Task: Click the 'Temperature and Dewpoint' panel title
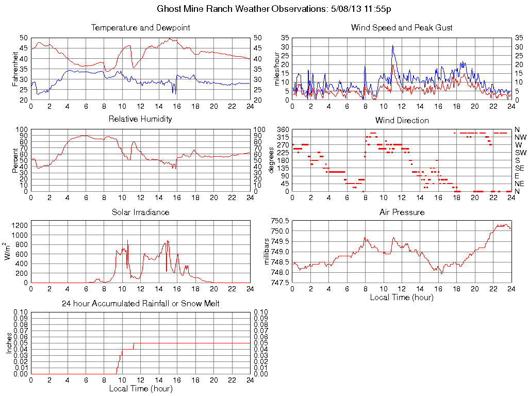(x=140, y=27)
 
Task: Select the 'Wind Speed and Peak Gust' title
(x=402, y=27)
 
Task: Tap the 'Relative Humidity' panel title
(x=140, y=119)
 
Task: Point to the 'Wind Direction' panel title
(x=402, y=120)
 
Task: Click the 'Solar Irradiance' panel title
(x=140, y=212)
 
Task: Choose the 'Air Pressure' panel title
(x=402, y=212)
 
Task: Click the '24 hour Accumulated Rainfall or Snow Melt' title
(x=140, y=304)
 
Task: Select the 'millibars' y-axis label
(x=267, y=252)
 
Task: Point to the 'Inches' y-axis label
(x=8, y=343)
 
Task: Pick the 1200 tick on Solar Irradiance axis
(x=20, y=225)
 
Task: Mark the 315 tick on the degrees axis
(x=283, y=137)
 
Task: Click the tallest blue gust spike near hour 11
(x=392, y=45)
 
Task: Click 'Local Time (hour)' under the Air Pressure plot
(x=402, y=297)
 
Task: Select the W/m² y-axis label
(x=8, y=251)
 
